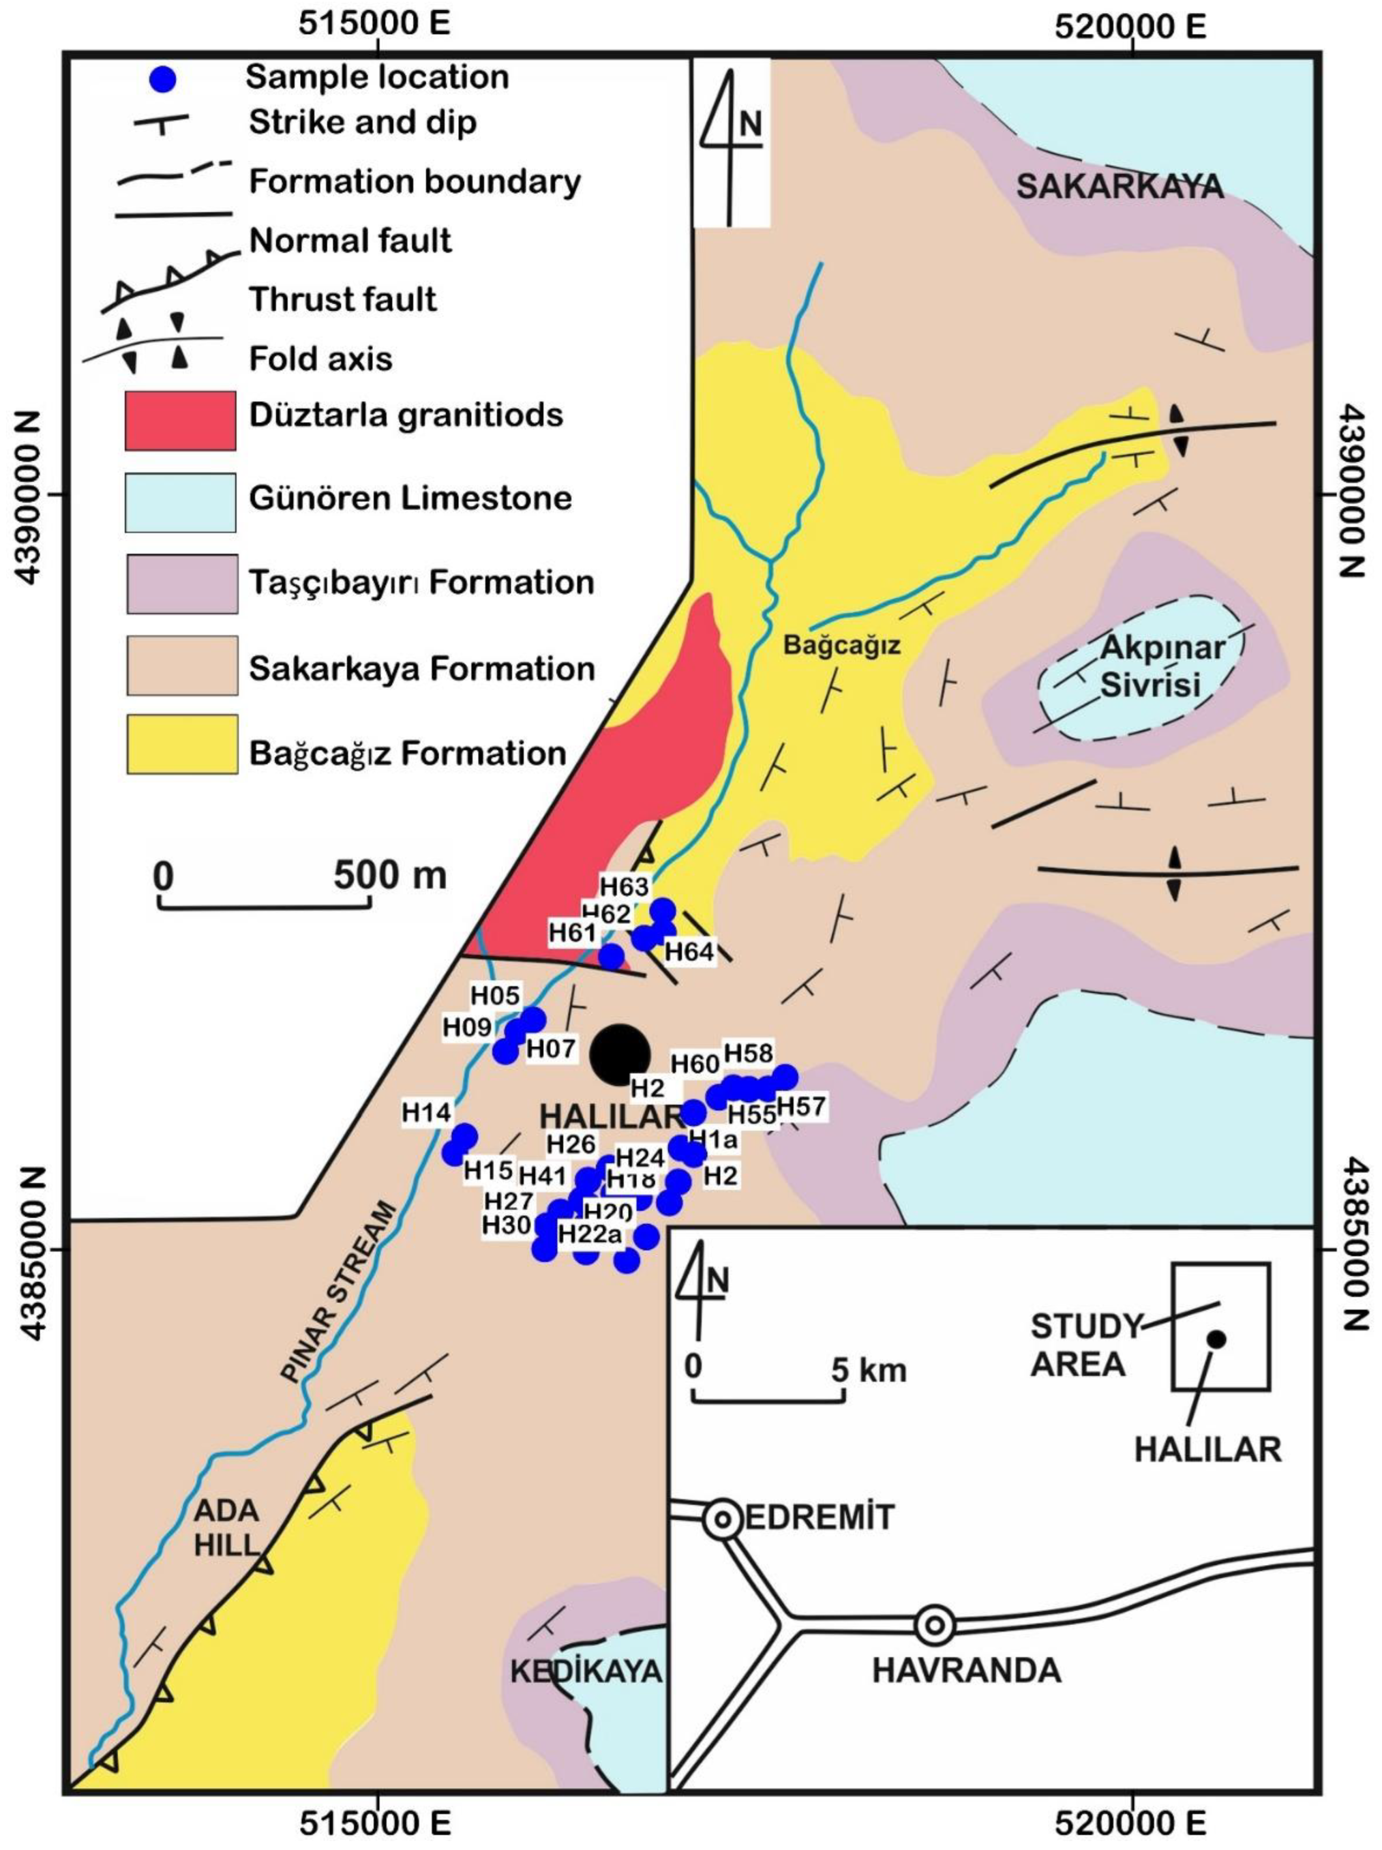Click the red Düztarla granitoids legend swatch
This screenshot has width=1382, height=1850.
tap(180, 421)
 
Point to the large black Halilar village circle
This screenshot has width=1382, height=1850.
tap(619, 1055)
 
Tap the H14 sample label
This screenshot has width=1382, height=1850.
tap(426, 1112)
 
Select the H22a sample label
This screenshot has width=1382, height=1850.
tap(591, 1234)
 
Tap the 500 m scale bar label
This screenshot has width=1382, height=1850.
tap(390, 875)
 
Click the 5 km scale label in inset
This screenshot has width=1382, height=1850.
tap(868, 1370)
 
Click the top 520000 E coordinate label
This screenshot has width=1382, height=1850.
tap(1130, 25)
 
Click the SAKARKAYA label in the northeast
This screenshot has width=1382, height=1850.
tap(1119, 186)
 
